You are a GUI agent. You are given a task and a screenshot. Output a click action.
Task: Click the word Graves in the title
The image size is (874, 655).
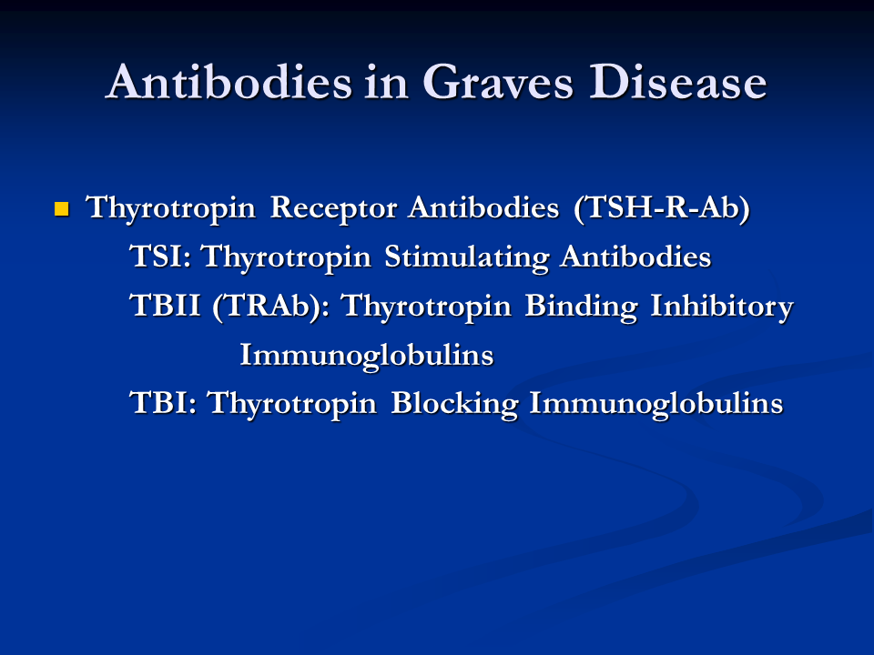[498, 82]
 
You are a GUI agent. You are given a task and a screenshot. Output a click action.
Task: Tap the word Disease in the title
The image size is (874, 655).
[677, 82]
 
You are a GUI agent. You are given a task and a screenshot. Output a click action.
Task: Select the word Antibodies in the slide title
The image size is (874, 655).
[229, 82]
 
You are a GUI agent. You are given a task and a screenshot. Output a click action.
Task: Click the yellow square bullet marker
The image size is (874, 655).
[61, 209]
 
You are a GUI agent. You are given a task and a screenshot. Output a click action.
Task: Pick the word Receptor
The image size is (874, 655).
[333, 207]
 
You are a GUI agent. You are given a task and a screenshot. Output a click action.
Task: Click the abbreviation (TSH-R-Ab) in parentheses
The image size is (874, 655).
[662, 207]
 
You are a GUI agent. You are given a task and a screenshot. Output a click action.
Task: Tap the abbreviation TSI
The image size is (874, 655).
[160, 257]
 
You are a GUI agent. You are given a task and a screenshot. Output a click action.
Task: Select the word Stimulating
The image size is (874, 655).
[466, 257]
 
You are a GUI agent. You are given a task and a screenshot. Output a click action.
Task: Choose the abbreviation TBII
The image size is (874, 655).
[165, 306]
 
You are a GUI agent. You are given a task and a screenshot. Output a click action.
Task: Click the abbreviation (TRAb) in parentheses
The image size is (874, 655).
[270, 306]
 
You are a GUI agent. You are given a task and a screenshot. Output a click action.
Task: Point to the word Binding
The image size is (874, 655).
[581, 306]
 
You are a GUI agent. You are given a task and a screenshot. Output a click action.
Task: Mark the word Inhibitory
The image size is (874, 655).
[722, 306]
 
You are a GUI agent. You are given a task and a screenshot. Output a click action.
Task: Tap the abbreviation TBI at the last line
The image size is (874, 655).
[163, 403]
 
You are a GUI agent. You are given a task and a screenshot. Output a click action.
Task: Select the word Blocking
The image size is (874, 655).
[454, 403]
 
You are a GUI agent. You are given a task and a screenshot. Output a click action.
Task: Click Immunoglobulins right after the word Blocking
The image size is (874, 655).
[656, 403]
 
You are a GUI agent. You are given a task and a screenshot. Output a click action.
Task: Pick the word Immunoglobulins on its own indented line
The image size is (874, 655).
[367, 355]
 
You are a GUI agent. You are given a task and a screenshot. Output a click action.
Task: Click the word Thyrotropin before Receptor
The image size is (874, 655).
[170, 207]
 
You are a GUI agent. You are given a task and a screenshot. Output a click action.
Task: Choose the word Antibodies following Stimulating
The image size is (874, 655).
[636, 257]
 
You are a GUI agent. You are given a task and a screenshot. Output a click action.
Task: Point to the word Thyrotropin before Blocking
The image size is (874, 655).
[292, 403]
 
